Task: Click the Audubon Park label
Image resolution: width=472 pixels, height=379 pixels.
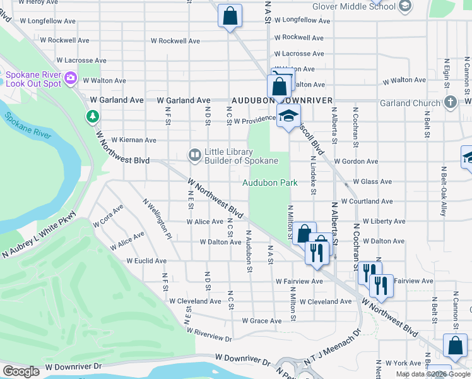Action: (271, 183)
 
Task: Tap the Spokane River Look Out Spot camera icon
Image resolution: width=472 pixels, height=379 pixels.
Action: (70, 79)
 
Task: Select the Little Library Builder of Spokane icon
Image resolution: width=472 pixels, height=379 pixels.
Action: (195, 155)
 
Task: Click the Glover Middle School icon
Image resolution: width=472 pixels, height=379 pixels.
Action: (404, 6)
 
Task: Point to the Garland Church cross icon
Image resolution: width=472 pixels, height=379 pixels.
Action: (450, 102)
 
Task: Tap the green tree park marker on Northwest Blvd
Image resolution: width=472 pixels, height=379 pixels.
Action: (93, 116)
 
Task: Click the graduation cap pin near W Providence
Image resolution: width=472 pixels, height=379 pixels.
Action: (288, 116)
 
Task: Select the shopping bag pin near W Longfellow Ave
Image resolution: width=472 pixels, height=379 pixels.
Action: (230, 15)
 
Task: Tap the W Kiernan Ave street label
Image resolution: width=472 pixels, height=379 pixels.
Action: (133, 140)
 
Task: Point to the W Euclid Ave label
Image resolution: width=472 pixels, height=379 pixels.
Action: (146, 260)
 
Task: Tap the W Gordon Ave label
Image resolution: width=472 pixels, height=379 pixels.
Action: (356, 162)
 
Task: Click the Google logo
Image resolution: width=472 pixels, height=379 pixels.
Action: (21, 371)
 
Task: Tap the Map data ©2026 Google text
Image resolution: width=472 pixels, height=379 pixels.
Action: (432, 374)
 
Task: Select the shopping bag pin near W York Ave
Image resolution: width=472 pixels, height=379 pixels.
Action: (455, 346)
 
